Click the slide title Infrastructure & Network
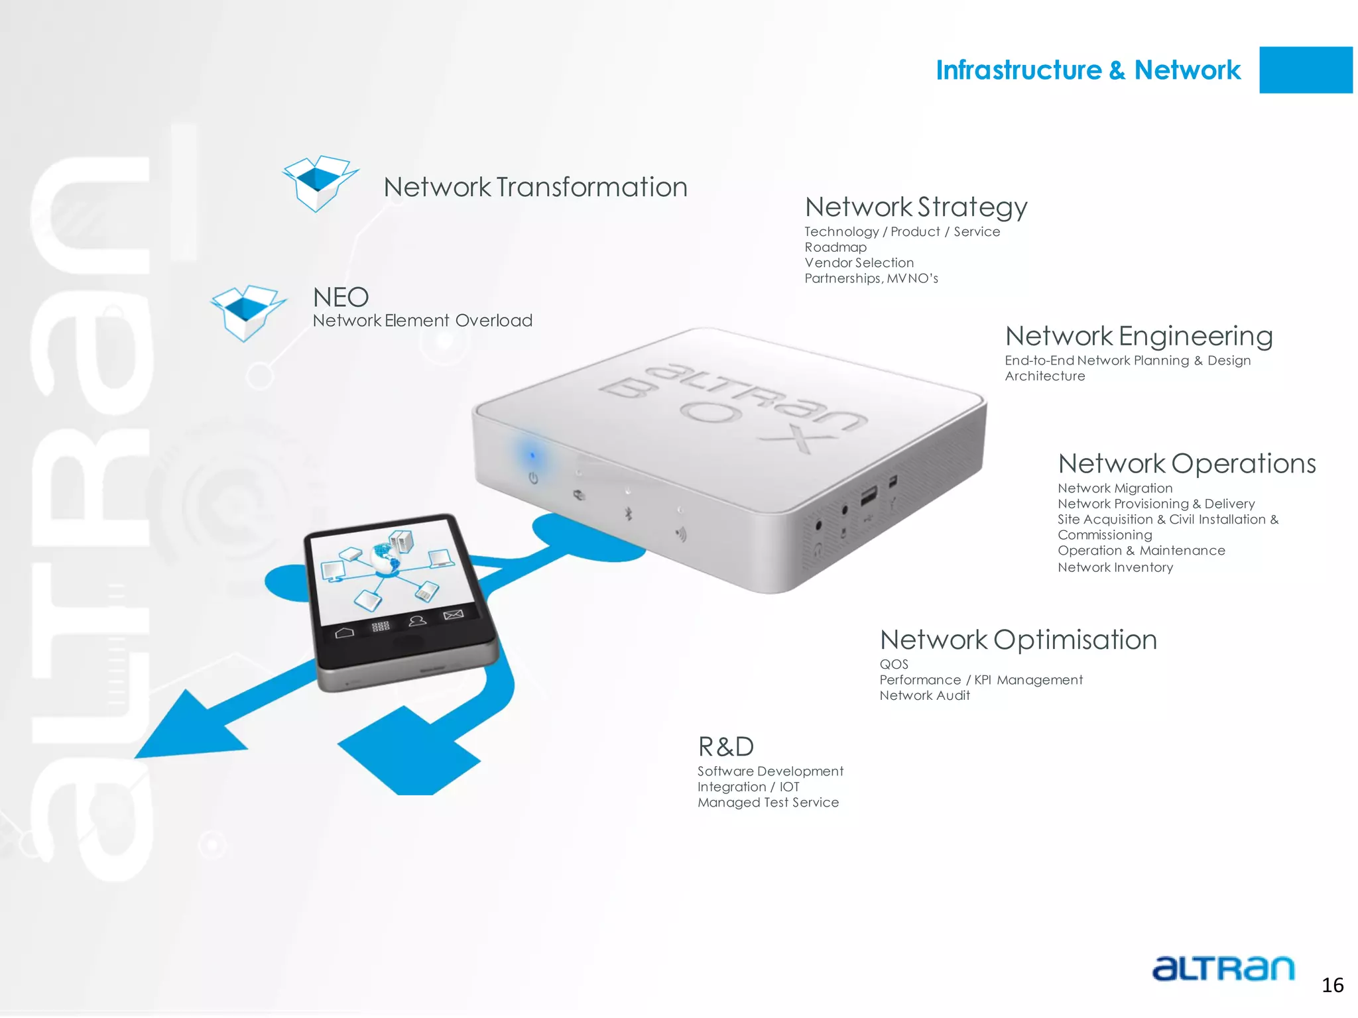[1087, 70]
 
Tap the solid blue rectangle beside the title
[1305, 70]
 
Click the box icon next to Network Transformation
[319, 183]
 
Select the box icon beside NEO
[247, 313]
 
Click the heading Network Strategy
[916, 207]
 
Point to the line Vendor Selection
[859, 263]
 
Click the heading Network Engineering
[1139, 337]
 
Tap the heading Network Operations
[1186, 464]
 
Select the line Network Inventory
[1115, 567]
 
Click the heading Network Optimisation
[1018, 640]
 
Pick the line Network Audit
[924, 696]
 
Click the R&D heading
[726, 747]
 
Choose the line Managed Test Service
[768, 803]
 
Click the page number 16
[1332, 986]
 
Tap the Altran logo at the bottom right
[1223, 968]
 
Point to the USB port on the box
[868, 496]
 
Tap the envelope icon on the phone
[453, 615]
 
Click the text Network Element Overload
[422, 321]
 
